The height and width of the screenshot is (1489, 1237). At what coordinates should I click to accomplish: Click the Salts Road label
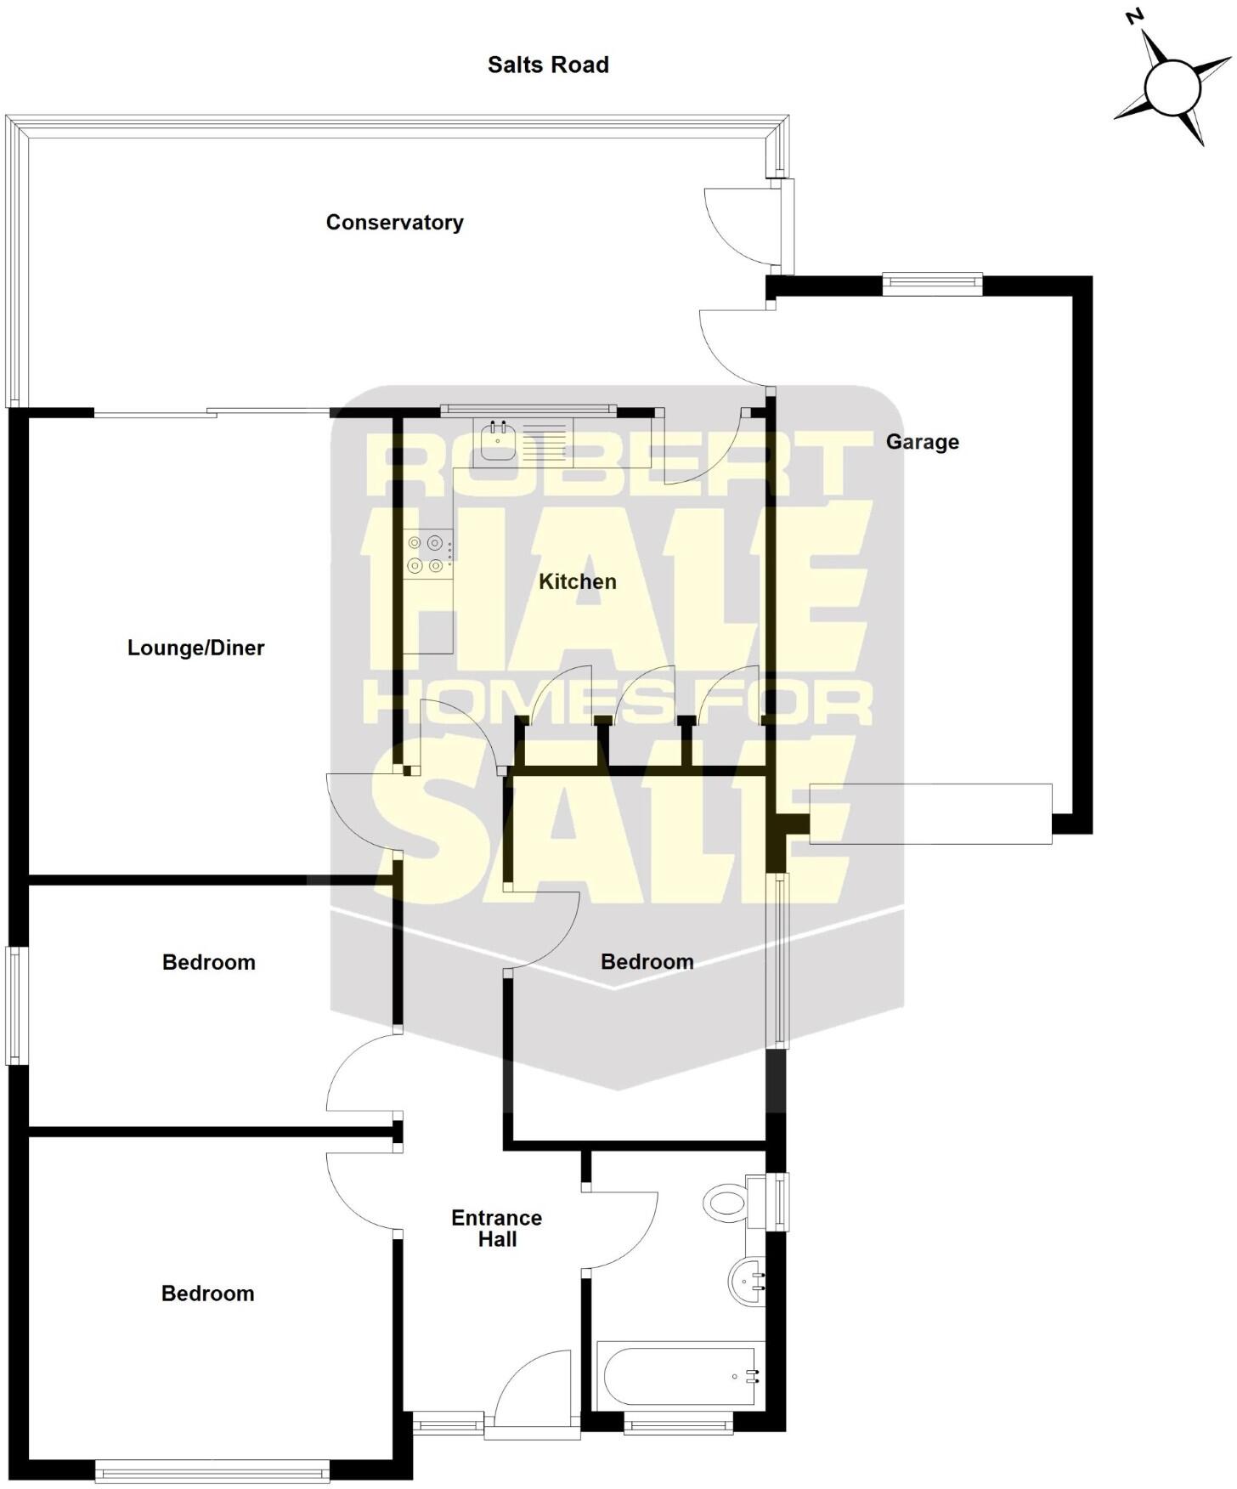548,65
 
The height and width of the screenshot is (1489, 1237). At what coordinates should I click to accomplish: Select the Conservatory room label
394,223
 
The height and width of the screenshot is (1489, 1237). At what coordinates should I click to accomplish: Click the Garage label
922,442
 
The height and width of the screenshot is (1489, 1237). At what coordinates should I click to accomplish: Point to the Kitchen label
578,582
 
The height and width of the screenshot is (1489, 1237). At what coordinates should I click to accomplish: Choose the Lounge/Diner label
195,648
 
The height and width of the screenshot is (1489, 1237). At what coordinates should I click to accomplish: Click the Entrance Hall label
497,1228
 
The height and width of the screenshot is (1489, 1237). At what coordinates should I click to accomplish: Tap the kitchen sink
498,441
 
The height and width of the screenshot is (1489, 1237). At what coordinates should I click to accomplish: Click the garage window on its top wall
932,284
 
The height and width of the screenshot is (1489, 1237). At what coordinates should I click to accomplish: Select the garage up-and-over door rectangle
930,813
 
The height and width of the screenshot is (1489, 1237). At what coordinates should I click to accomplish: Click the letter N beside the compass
1133,18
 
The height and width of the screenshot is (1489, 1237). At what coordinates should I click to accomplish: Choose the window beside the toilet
777,1201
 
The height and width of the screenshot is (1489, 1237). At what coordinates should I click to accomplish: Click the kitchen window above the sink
528,410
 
